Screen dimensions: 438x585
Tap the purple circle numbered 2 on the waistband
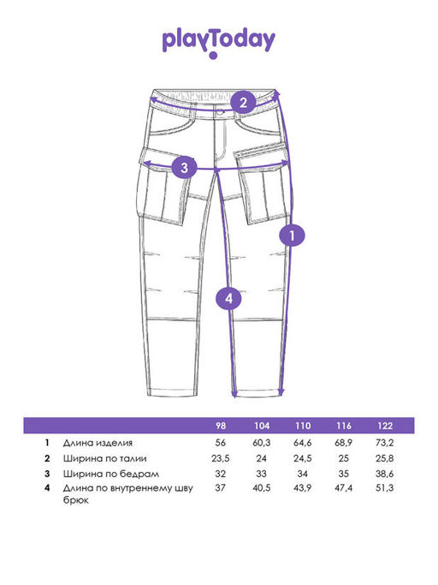pyautogui.click(x=243, y=102)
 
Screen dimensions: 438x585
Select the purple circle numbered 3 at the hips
pyautogui.click(x=184, y=167)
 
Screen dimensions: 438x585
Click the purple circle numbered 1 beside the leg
pyautogui.click(x=293, y=236)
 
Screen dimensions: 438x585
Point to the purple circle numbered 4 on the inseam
pyautogui.click(x=228, y=298)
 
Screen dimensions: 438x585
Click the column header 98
pyautogui.click(x=221, y=426)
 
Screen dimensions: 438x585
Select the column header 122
pyautogui.click(x=385, y=426)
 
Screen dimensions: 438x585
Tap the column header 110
pyautogui.click(x=303, y=426)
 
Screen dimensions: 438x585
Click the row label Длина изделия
pyautogui.click(x=98, y=443)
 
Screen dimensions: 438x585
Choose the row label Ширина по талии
pyautogui.click(x=104, y=458)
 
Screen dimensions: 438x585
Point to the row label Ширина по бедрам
pyautogui.click(x=111, y=474)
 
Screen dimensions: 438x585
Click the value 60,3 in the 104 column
pyautogui.click(x=262, y=443)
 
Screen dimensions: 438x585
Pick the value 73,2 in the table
pyautogui.click(x=385, y=443)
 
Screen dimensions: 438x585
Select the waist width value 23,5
pyautogui.click(x=221, y=458)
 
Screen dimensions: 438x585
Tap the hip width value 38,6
pyautogui.click(x=385, y=474)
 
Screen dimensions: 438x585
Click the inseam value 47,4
pyautogui.click(x=344, y=487)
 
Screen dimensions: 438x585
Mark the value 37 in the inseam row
pyautogui.click(x=221, y=487)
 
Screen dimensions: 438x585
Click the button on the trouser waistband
pyautogui.click(x=221, y=111)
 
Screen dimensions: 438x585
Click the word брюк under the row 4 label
pyautogui.click(x=75, y=500)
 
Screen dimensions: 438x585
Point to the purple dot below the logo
pyautogui.click(x=213, y=56)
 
